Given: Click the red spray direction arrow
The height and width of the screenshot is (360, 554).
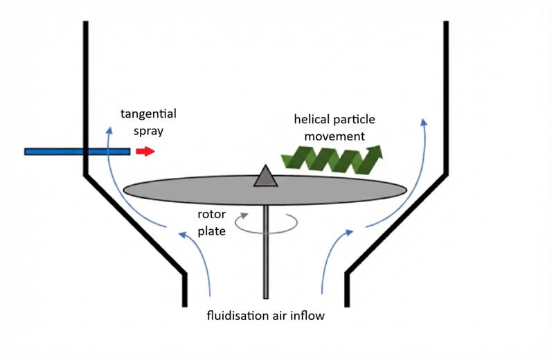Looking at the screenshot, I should [145, 151].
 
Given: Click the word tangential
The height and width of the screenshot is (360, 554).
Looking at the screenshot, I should [149, 114].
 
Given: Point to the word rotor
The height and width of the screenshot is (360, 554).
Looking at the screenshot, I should [212, 215].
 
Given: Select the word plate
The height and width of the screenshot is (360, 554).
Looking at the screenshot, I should [212, 231].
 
